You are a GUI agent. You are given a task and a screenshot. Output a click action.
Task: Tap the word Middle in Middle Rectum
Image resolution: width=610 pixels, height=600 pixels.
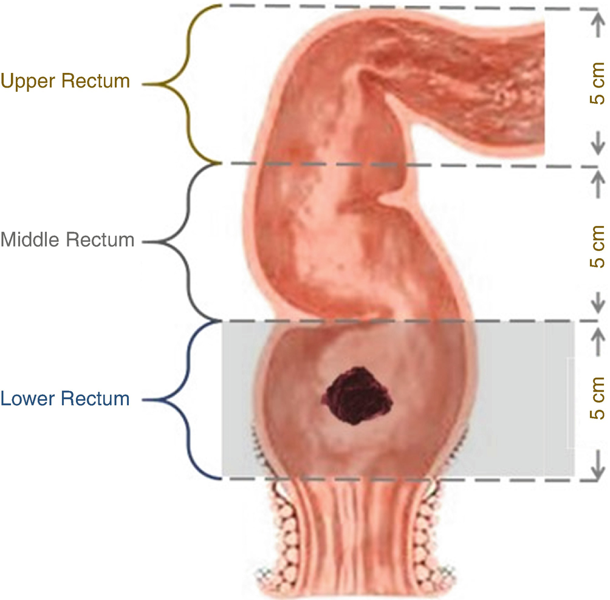pyautogui.click(x=31, y=240)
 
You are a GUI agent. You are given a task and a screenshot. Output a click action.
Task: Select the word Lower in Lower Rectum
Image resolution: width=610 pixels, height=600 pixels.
pyautogui.click(x=27, y=399)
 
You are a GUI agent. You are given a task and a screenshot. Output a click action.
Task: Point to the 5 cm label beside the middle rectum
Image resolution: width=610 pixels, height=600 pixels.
pyautogui.click(x=598, y=246)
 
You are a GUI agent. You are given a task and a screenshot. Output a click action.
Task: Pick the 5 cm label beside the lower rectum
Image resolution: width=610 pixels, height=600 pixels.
pyautogui.click(x=598, y=398)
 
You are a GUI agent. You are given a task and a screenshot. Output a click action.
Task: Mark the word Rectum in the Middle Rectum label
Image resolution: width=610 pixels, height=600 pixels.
pyautogui.click(x=103, y=240)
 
